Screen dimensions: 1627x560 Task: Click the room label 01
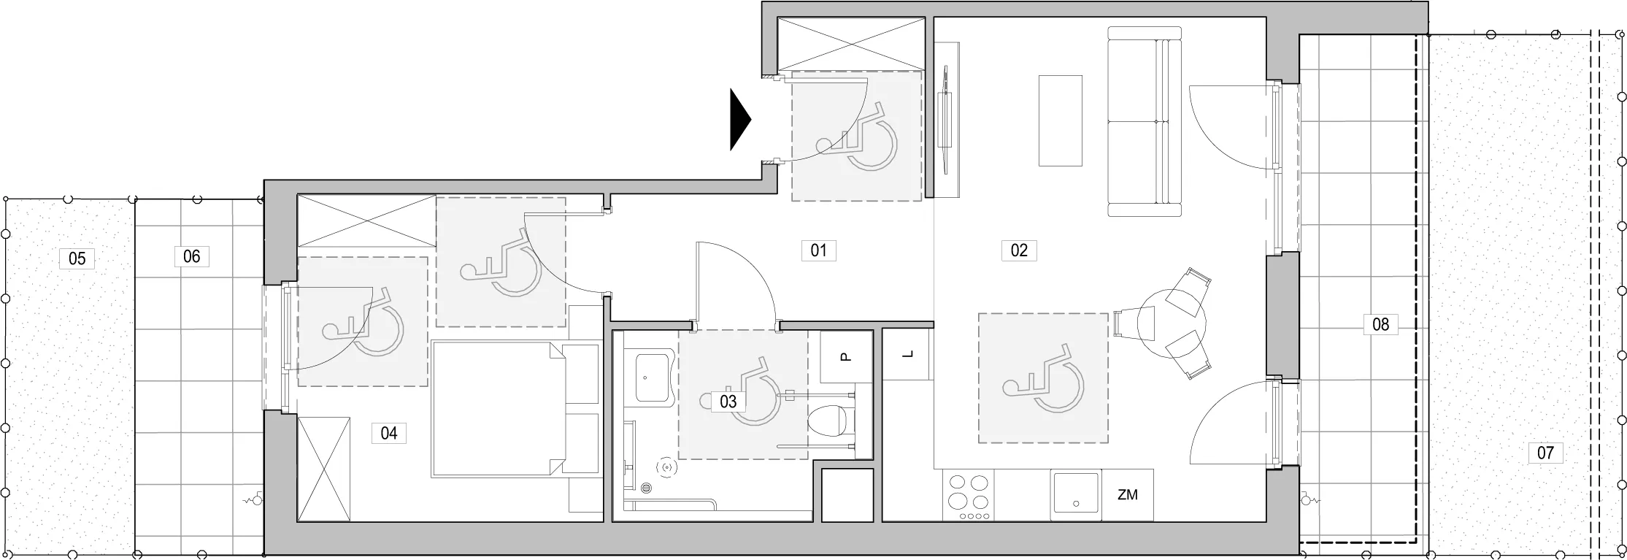coord(818,250)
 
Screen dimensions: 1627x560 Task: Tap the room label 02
coord(1019,250)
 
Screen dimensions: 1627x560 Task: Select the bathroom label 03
coord(728,401)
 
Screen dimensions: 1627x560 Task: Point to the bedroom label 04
coord(388,433)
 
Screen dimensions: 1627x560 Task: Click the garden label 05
coord(77,258)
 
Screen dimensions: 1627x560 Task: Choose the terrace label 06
coord(191,256)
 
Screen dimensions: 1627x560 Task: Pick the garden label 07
coord(1545,453)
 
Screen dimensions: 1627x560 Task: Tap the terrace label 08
coord(1380,323)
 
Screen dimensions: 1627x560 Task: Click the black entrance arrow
coord(741,120)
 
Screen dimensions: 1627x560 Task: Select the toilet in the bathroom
coord(832,418)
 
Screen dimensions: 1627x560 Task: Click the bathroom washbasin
coord(653,378)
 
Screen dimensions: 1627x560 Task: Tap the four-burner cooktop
coord(969,495)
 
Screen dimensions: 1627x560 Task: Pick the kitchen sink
coord(1075,493)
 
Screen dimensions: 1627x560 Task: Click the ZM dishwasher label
coord(1127,495)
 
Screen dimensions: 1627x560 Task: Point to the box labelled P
coord(846,357)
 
